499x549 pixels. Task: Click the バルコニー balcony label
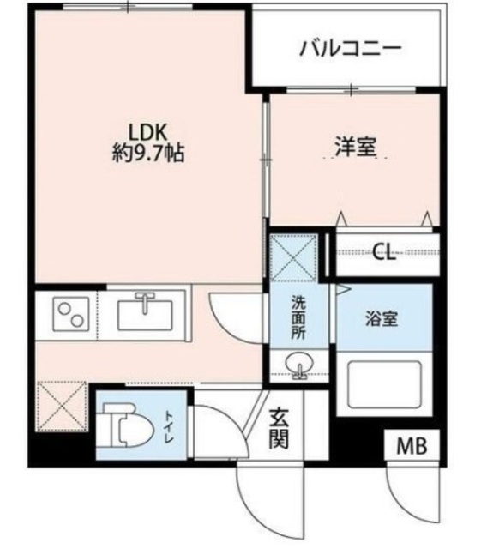coord(350,47)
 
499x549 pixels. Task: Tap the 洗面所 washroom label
coord(298,317)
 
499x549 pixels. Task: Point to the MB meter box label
coord(412,446)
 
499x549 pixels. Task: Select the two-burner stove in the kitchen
coord(68,314)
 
